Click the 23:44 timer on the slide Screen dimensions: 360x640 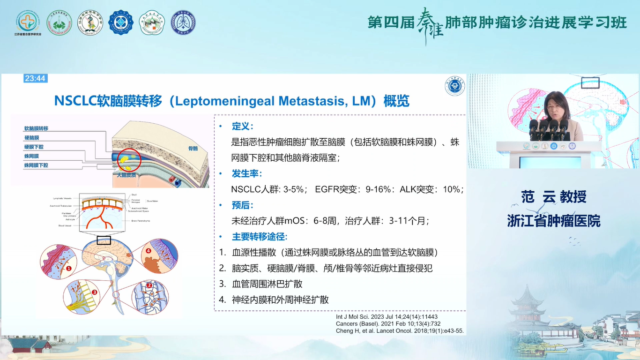(x=35, y=78)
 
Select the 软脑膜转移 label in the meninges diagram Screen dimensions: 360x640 (x=37, y=128)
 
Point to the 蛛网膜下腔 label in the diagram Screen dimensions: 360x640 (x=37, y=165)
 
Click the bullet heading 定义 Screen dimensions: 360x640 (x=242, y=126)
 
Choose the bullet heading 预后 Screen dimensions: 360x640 (x=242, y=205)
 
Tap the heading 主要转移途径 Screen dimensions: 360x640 (x=260, y=237)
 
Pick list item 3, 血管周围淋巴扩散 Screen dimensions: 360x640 (x=267, y=284)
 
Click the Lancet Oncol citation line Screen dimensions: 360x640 (x=400, y=330)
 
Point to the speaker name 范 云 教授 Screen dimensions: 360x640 (x=553, y=197)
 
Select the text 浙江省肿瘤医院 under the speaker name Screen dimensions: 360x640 (x=553, y=221)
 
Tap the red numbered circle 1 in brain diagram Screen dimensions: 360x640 (x=68, y=269)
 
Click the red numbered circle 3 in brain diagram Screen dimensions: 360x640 (x=94, y=292)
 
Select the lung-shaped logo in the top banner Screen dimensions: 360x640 (x=183, y=22)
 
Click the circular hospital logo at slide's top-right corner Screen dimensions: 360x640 (x=454, y=86)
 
